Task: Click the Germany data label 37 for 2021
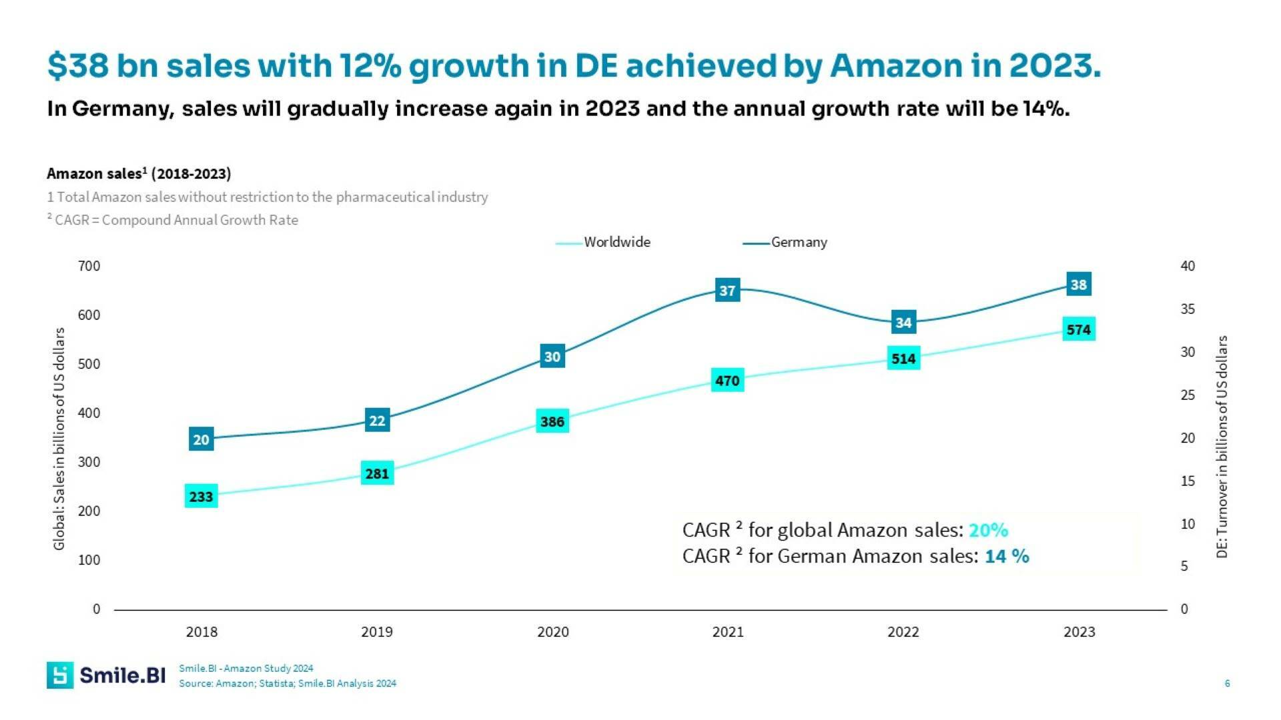click(x=727, y=290)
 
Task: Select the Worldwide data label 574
click(x=1078, y=329)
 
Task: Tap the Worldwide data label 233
click(x=201, y=497)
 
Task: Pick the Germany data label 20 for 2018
click(x=201, y=439)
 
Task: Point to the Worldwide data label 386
click(x=552, y=421)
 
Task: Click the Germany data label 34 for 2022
click(x=903, y=323)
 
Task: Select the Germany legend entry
click(x=799, y=242)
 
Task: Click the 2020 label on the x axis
click(x=552, y=632)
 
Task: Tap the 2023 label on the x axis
click(x=1079, y=632)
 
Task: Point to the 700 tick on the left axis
click(x=89, y=266)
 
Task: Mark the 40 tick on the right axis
click(x=1188, y=266)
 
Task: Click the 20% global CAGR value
click(x=988, y=530)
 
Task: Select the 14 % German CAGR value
click(x=1006, y=556)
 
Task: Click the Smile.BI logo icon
click(x=60, y=675)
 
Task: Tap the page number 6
click(x=1227, y=683)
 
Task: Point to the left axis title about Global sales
click(x=59, y=438)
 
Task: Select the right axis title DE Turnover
click(x=1222, y=447)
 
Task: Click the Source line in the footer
click(x=287, y=683)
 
